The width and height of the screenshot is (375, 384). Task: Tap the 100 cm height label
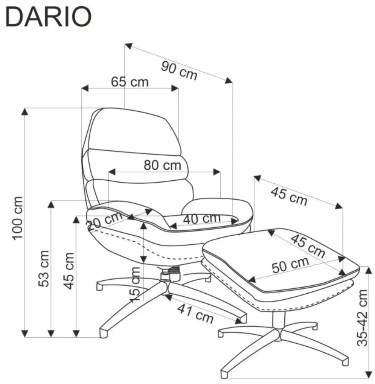pyautogui.click(x=18, y=218)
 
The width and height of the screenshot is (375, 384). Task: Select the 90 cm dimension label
pyautogui.click(x=179, y=70)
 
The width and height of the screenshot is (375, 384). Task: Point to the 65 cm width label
pyautogui.click(x=130, y=82)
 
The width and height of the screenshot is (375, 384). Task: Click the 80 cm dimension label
pyautogui.click(x=162, y=165)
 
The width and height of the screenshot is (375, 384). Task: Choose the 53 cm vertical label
pyautogui.click(x=44, y=268)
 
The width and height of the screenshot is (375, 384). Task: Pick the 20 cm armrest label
pyautogui.click(x=104, y=221)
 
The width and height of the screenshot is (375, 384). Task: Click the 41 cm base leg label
pyautogui.click(x=195, y=312)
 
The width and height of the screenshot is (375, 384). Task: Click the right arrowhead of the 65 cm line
pyautogui.click(x=175, y=88)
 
